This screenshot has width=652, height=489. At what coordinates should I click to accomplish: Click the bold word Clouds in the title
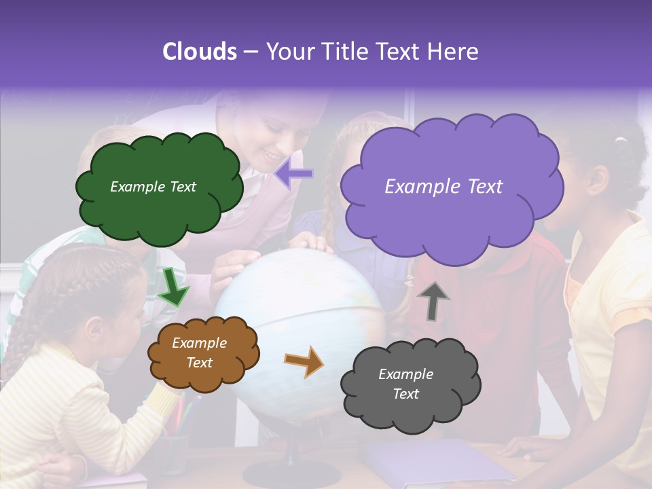click(200, 52)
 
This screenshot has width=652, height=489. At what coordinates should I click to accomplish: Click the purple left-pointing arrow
click(294, 175)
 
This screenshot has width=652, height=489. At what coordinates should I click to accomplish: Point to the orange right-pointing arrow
click(305, 361)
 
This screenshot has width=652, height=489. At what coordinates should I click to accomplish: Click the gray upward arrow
click(433, 300)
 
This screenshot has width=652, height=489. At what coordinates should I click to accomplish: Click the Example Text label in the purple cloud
click(443, 187)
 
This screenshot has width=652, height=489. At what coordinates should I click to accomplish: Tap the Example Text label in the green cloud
click(153, 187)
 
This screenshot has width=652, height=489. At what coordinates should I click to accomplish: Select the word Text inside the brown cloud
click(199, 363)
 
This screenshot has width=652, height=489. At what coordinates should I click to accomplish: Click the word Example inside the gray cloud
click(405, 374)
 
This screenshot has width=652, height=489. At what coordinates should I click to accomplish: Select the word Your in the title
click(285, 52)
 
